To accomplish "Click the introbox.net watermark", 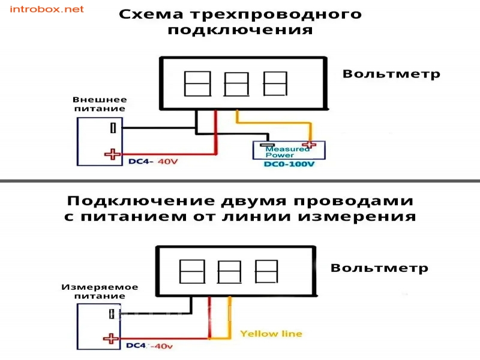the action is (47, 9).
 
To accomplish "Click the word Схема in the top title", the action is (151, 14).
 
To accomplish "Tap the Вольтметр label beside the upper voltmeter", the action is (391, 74).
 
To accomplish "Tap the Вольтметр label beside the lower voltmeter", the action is (379, 268).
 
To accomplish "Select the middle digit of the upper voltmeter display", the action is (236, 84).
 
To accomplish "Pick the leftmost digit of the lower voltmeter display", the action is (192, 272).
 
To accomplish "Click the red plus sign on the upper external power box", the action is (112, 154).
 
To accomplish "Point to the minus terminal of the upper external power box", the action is (113, 128).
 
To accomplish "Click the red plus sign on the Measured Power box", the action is (309, 145).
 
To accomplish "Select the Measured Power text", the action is (287, 152).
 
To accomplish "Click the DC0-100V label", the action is (289, 164).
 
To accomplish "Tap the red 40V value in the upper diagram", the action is (168, 161).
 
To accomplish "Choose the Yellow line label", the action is (271, 334).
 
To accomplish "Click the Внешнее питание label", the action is (100, 104).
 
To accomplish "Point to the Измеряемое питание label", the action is (100, 292).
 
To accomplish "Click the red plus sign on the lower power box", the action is (110, 338).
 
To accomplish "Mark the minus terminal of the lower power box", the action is (112, 314).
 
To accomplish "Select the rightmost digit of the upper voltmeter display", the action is (275, 83).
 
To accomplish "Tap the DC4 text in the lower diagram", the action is (136, 346).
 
